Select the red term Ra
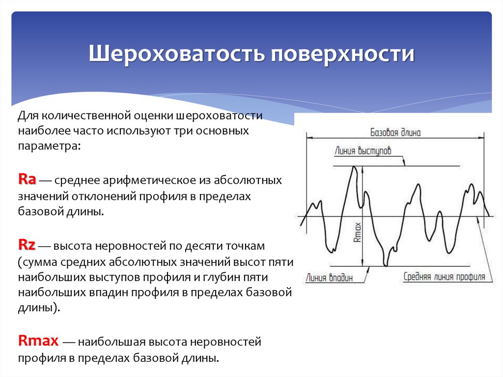(x=27, y=179)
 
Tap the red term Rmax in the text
(x=39, y=340)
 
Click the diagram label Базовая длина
(x=395, y=132)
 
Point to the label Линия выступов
(x=363, y=151)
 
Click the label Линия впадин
(x=329, y=277)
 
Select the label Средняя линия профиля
(x=444, y=277)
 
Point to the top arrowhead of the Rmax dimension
(x=362, y=170)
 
